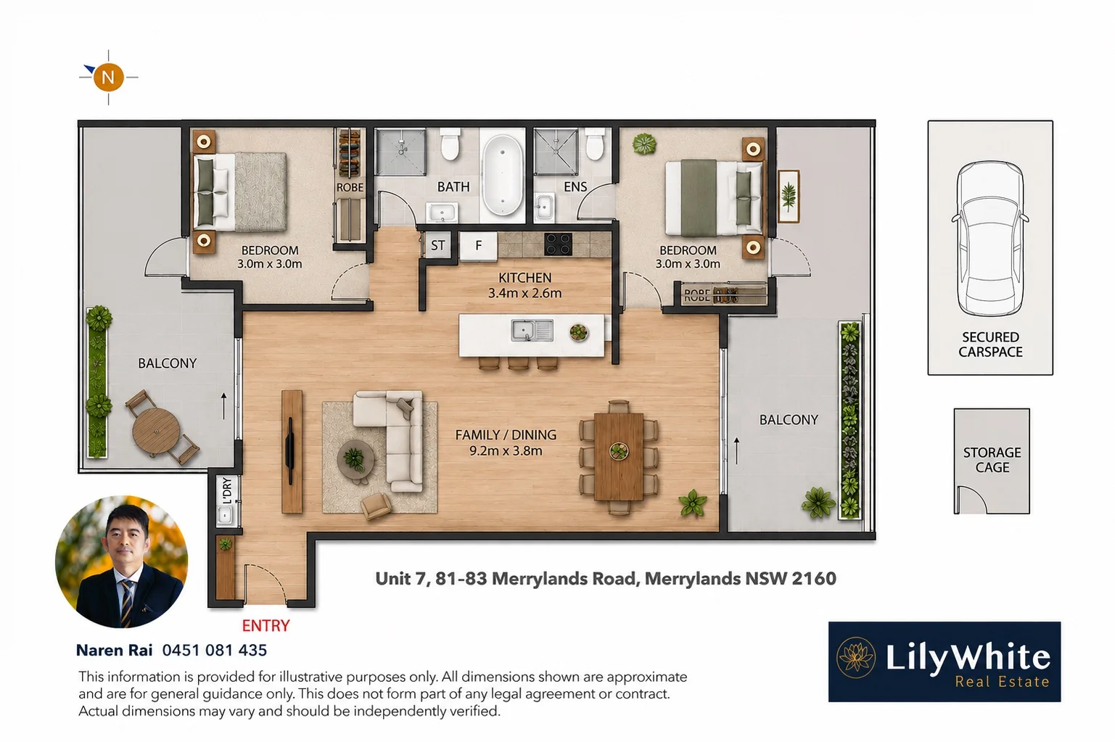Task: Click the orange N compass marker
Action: [x=108, y=77]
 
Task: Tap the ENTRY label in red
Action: [x=266, y=625]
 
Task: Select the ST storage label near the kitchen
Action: [x=437, y=245]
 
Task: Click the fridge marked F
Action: [x=478, y=245]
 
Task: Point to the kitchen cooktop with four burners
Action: [x=558, y=244]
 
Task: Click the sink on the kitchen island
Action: [x=532, y=331]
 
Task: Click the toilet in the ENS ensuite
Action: [x=595, y=144]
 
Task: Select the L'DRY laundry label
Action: [x=227, y=491]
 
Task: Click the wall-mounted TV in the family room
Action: [x=289, y=450]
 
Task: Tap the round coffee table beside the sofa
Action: [x=355, y=459]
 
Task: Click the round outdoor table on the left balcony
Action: [x=156, y=430]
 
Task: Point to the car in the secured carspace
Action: [x=990, y=238]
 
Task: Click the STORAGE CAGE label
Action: [x=992, y=460]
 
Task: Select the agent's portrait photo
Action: [x=121, y=561]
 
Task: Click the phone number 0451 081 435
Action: [x=215, y=650]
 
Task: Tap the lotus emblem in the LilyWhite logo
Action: [x=856, y=657]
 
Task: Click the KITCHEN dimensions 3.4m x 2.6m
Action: [x=524, y=293]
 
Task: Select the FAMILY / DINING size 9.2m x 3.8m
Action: [x=506, y=451]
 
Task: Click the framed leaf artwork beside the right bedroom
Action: [x=789, y=196]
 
